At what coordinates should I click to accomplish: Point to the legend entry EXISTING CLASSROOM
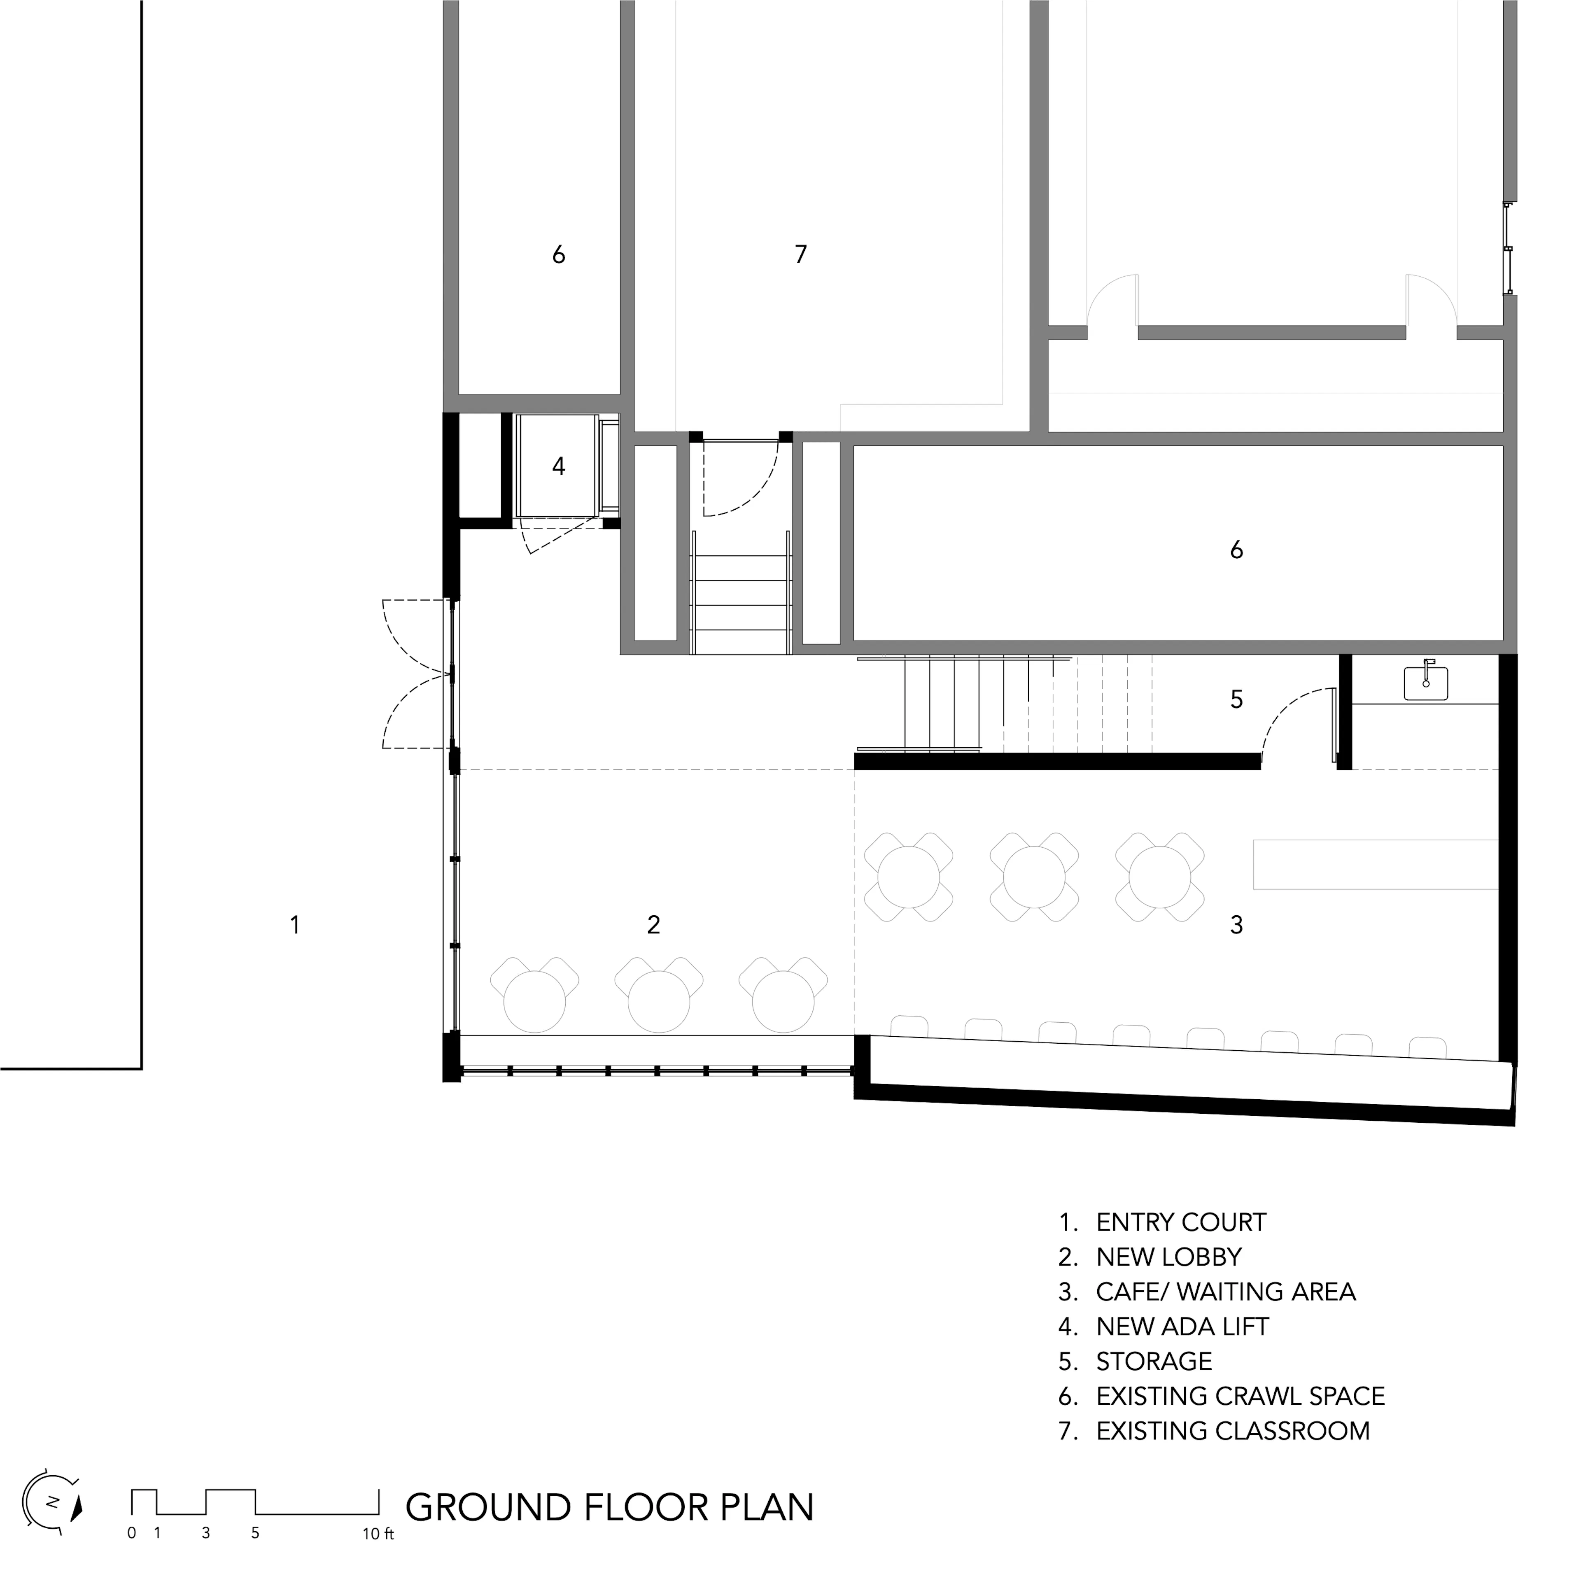pos(1232,1431)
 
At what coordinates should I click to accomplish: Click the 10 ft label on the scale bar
pos(378,1534)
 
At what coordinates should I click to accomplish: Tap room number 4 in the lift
pos(559,466)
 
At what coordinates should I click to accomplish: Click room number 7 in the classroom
pos(800,254)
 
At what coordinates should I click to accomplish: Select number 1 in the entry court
pos(295,925)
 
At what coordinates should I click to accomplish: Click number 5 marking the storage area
pos(1236,700)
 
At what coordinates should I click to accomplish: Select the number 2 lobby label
pos(653,925)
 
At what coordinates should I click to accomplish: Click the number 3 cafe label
pos(1236,925)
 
